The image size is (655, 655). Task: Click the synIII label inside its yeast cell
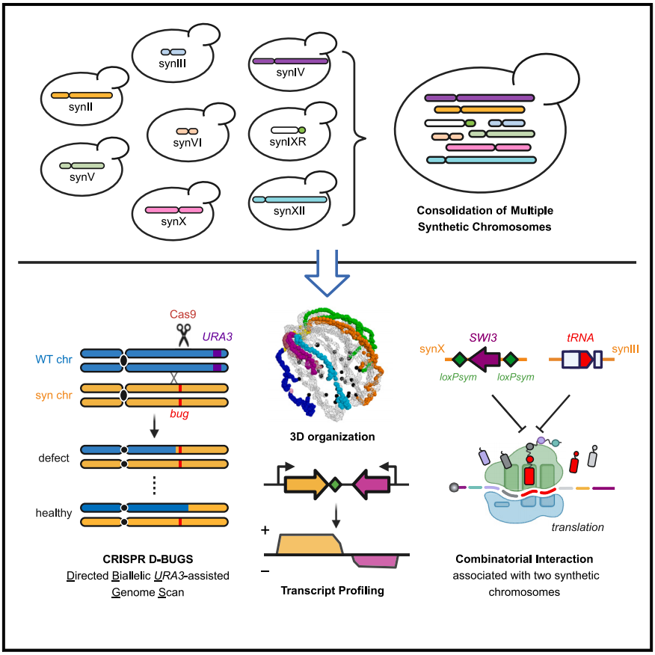pos(172,64)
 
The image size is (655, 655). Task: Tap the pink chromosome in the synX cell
pos(173,209)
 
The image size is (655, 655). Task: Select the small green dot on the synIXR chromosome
pos(301,130)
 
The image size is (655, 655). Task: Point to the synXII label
pos(289,211)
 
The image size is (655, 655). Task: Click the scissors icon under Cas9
pos(183,335)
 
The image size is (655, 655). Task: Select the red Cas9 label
pos(182,314)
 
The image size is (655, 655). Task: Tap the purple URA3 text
pos(218,336)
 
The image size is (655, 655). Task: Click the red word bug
pos(179,413)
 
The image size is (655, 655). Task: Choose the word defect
pos(54,458)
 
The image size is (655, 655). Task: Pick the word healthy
pos(54,512)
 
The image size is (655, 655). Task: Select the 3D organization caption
pos(332,437)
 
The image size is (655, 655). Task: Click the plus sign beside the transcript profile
pos(265,530)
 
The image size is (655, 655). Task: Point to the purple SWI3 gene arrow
pos(485,359)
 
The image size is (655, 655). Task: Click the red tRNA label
pos(580,337)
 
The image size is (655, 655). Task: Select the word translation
pos(577,527)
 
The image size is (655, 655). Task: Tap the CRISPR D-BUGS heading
pos(148,559)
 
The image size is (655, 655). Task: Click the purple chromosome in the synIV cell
pos(290,61)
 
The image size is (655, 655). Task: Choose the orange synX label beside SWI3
pos(432,348)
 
